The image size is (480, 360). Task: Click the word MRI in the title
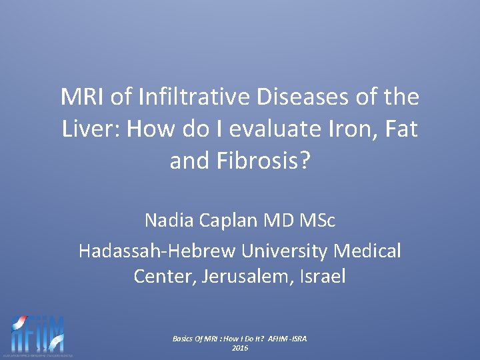[83, 98]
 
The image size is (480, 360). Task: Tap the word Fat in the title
[400, 128]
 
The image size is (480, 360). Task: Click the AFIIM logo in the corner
[38, 334]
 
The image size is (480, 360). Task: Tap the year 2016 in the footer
[240, 348]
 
